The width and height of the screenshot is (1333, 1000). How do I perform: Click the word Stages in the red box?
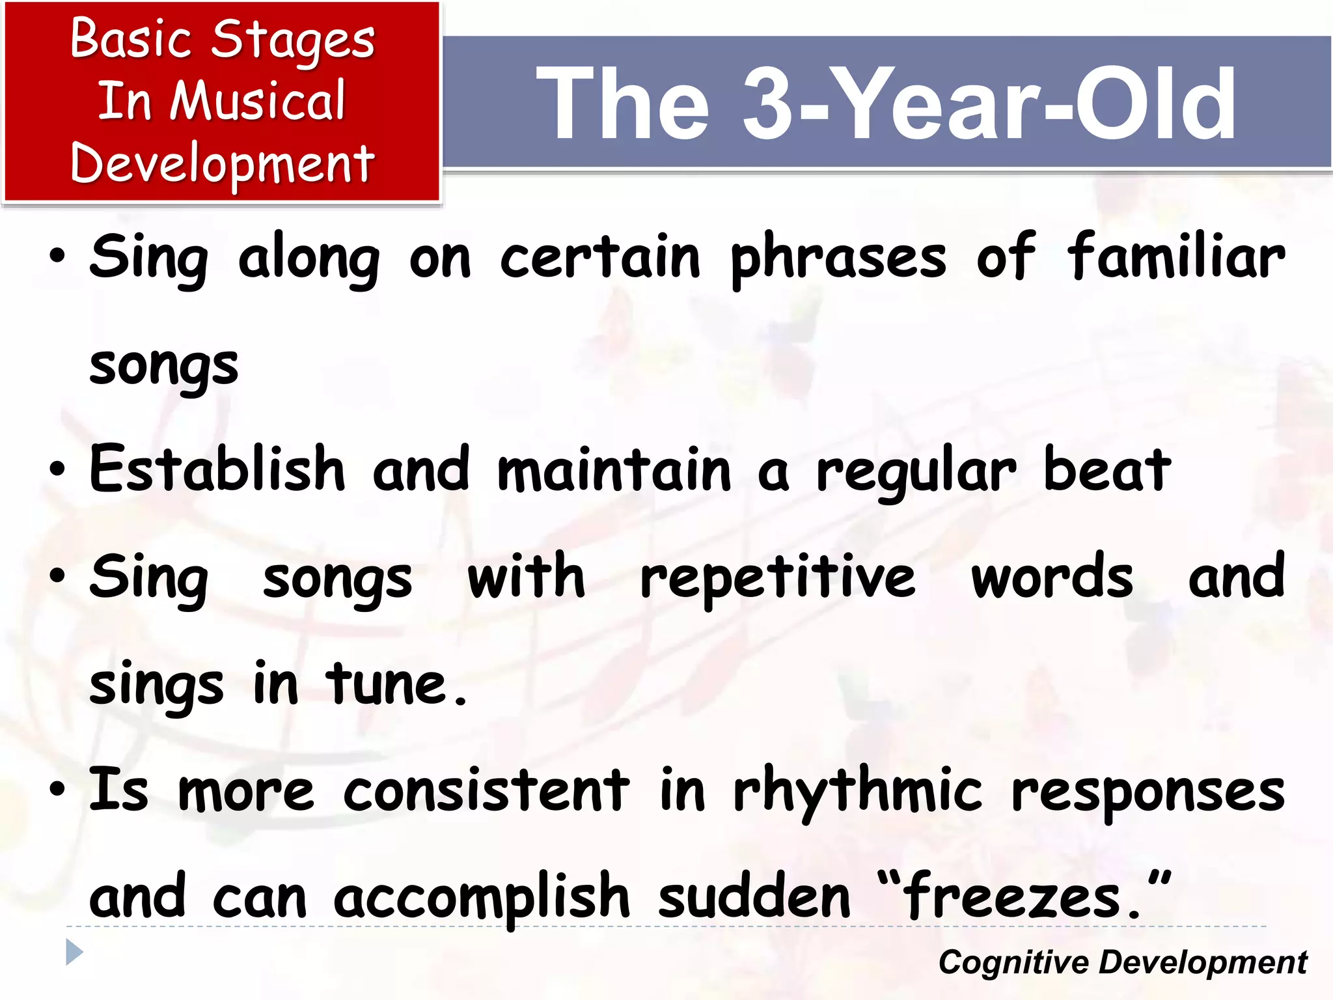293,40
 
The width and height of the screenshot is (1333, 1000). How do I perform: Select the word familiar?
1175,257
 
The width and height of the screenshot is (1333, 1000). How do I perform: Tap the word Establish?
217,469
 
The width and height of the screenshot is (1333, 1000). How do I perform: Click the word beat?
1106,471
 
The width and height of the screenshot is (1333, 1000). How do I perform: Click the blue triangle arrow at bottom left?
74,952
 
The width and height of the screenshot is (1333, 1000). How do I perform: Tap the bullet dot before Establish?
57,469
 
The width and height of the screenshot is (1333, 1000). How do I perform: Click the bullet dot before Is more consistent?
57,790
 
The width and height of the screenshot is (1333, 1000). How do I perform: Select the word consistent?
486,792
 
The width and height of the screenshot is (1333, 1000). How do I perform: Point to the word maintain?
614,471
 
